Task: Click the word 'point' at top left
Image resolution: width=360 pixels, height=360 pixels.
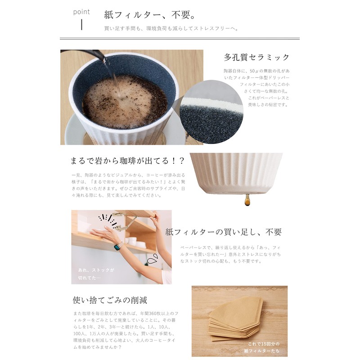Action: (x=81, y=12)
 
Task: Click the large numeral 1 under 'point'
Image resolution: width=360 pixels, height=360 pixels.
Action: (x=81, y=25)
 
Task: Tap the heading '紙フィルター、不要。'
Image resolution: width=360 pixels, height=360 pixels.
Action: (x=149, y=15)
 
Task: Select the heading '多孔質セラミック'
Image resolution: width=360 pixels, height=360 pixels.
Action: (x=256, y=58)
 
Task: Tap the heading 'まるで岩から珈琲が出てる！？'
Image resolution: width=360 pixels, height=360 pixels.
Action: (x=126, y=160)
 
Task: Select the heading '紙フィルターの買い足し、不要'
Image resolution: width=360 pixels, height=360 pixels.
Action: (x=224, y=232)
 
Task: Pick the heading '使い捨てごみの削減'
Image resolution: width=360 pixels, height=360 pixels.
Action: (x=110, y=300)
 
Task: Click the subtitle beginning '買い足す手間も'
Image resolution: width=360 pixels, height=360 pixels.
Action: (x=171, y=28)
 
